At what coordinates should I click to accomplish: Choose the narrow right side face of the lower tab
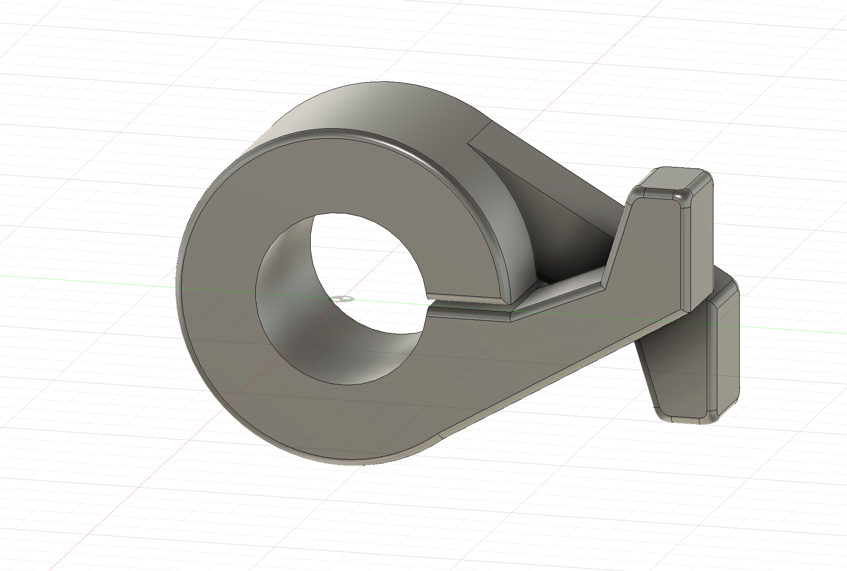point(727,351)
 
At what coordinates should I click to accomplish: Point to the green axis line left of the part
point(88,281)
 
